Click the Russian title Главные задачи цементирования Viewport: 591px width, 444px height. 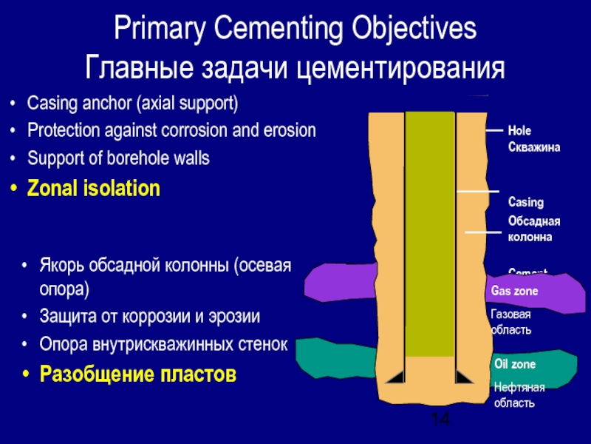[295, 67]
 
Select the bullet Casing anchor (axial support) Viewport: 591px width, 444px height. [132, 103]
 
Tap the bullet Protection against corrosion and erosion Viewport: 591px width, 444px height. [171, 131]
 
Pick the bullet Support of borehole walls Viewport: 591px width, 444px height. [118, 158]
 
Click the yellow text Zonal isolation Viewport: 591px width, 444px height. [93, 188]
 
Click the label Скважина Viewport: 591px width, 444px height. [534, 147]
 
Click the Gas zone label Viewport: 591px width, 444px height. [515, 292]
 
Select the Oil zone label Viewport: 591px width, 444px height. [514, 365]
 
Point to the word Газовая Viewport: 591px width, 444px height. [511, 314]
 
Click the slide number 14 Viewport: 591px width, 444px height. [440, 420]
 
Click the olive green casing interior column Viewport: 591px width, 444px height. [430, 229]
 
